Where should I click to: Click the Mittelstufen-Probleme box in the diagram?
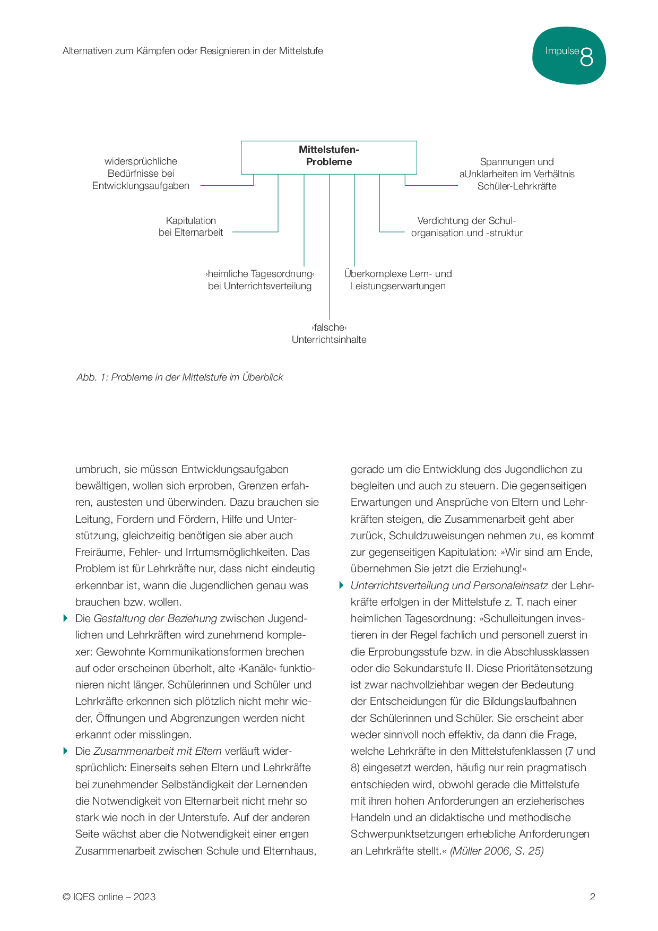point(329,157)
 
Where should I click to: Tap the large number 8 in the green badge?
point(586,57)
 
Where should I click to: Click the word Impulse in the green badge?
point(562,51)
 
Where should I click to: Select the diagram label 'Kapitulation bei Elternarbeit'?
point(191,227)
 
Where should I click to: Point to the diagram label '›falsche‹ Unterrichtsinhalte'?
point(329,333)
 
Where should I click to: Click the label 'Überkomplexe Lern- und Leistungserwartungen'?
point(398,280)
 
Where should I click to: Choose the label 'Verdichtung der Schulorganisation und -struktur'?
point(467,227)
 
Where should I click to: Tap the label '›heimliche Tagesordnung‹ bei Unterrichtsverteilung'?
point(260,280)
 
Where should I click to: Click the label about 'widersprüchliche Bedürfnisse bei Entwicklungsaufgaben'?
point(141,174)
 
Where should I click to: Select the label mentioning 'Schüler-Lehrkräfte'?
point(517,174)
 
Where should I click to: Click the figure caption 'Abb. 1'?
point(180,377)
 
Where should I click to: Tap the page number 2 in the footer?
point(593,897)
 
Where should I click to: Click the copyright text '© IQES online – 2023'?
point(109,897)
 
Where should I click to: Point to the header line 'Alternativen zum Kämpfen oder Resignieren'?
point(193,51)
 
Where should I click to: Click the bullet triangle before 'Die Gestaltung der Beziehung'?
point(66,618)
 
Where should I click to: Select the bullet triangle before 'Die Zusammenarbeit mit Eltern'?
point(66,751)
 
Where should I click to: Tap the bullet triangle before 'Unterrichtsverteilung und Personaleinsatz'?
point(342,585)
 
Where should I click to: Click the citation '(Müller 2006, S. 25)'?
point(497,851)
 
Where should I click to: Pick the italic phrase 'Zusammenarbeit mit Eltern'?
point(158,751)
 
